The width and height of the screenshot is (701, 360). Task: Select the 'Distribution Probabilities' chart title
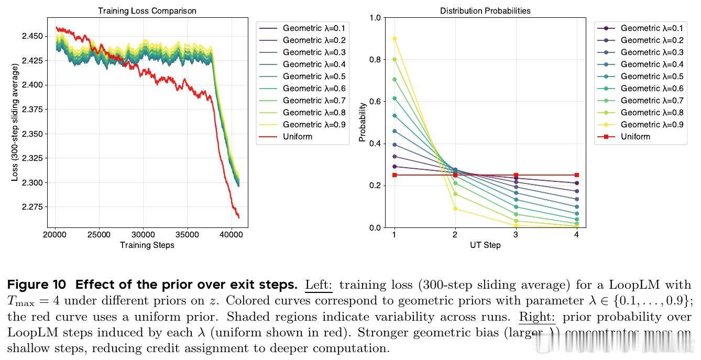485,10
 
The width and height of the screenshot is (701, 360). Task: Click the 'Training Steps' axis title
147,245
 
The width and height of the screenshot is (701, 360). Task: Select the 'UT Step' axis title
485,245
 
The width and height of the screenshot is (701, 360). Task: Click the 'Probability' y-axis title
362,122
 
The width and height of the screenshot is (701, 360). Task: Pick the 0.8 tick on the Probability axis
375,59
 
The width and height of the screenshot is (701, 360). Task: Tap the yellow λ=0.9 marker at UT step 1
395,39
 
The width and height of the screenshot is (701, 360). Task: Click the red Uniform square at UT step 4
576,175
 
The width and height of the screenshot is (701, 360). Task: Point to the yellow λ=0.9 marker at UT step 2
455,209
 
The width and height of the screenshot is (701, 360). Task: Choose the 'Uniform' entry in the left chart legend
297,137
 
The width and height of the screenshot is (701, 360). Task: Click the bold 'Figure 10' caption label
37,285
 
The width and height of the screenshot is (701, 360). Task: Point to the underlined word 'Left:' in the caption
319,285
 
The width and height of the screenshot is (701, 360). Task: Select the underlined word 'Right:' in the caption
537,317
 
